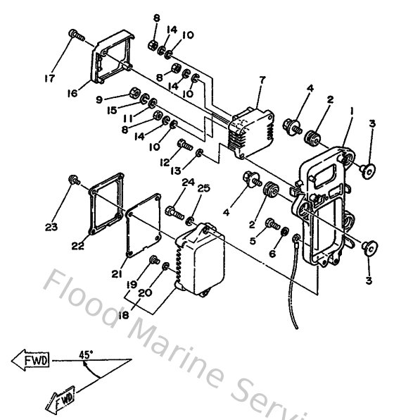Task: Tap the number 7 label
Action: point(261,80)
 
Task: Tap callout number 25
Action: point(203,187)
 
